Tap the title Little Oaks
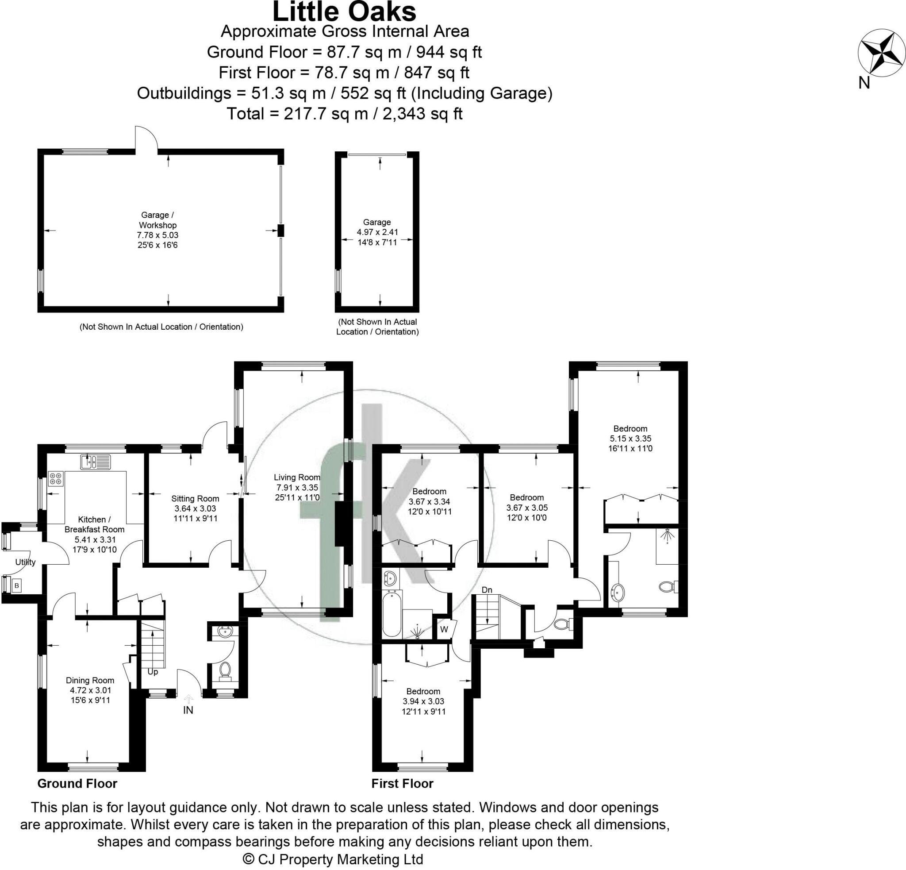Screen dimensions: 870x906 [344, 12]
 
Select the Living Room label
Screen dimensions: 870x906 [297, 477]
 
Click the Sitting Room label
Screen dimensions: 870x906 [195, 498]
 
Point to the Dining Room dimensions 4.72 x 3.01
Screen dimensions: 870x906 [90, 690]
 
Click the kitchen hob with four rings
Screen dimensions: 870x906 [55, 478]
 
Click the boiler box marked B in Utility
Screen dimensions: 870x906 [17, 586]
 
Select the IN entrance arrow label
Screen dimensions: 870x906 [188, 710]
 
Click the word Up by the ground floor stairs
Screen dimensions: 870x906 [153, 672]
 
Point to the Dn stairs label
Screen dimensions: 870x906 [487, 590]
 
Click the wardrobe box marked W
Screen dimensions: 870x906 [444, 629]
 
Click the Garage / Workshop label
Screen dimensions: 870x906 [158, 220]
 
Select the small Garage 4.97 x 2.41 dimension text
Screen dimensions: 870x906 [377, 232]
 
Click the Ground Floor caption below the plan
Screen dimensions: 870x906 [77, 783]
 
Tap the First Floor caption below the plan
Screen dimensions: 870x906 [402, 783]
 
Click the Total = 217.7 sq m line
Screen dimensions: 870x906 [344, 114]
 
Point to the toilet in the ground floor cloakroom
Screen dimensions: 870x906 [226, 670]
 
